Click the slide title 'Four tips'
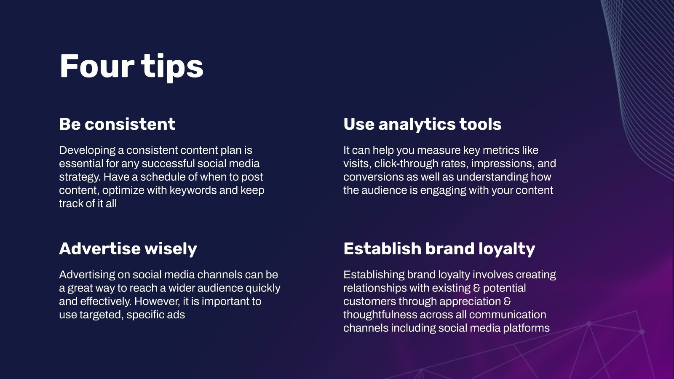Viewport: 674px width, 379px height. click(x=131, y=67)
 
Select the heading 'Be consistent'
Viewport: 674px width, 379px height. click(x=117, y=124)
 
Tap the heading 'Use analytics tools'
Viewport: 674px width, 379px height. click(x=422, y=124)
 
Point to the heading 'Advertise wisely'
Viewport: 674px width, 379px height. click(x=128, y=249)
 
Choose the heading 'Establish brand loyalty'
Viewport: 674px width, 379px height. click(x=439, y=249)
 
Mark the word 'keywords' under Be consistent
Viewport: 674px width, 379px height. click(x=193, y=190)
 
